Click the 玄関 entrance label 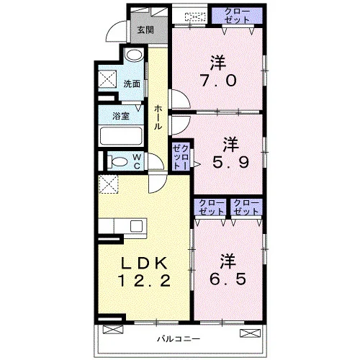coord(145,30)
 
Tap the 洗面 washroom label coord(132,84)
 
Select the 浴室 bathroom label coord(121,116)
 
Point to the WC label coord(137,161)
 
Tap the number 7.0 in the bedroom coord(218,81)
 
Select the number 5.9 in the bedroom coord(230,163)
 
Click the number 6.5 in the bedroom coord(228,279)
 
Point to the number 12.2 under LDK coord(145,281)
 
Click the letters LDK coord(144,263)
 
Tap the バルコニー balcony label coord(179,339)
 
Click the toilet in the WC coord(117,161)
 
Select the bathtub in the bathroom coord(121,136)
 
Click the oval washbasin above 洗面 coord(134,55)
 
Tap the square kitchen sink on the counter coord(136,226)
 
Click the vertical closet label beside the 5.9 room coord(181,157)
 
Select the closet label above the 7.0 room coord(237,15)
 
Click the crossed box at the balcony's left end coord(113,330)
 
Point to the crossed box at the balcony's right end coord(251,333)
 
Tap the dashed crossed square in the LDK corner coord(109,184)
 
